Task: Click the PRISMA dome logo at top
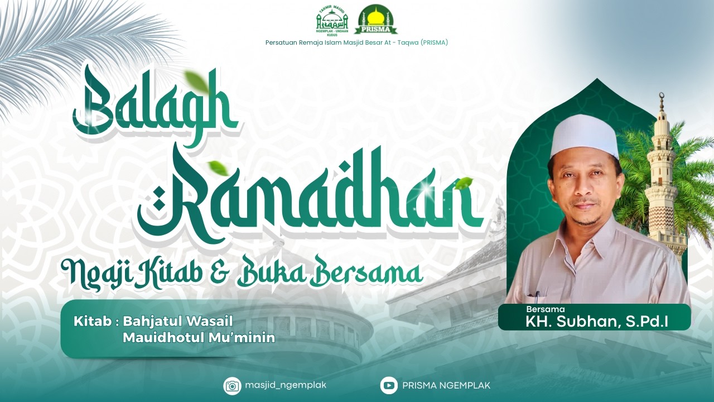point(376,19)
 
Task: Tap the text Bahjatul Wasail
point(177,322)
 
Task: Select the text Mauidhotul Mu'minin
point(199,338)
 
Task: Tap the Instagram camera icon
point(232,385)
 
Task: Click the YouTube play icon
point(389,385)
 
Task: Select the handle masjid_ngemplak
point(285,385)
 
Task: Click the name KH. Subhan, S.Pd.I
point(597,322)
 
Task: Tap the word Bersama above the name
point(545,309)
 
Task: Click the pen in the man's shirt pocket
point(537,294)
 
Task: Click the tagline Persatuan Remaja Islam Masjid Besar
point(356,42)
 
